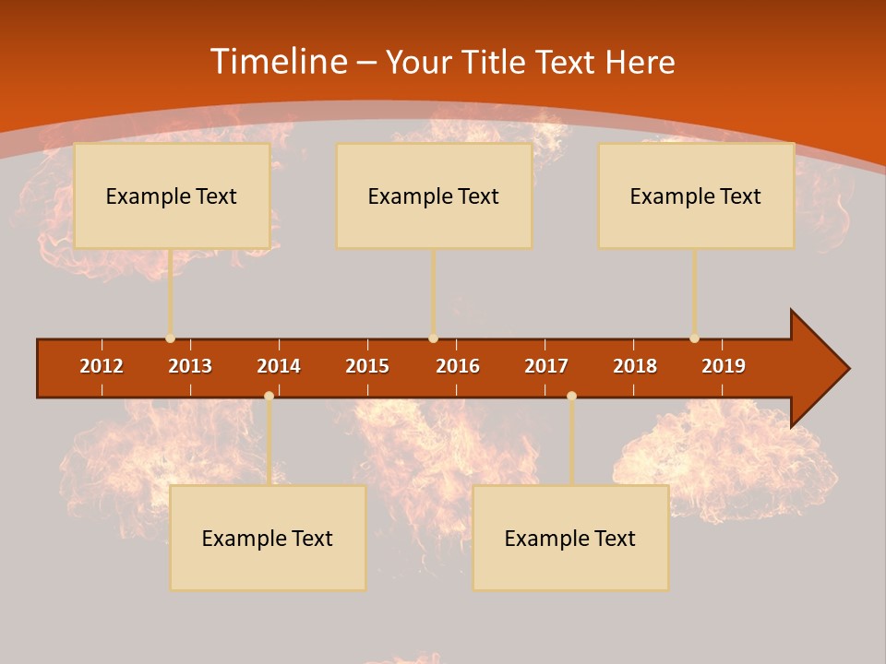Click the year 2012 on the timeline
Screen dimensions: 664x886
click(102, 366)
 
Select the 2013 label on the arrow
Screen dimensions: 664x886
click(190, 366)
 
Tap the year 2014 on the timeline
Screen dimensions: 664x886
click(279, 366)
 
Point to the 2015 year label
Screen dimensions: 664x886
click(367, 366)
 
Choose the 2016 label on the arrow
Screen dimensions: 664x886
click(458, 366)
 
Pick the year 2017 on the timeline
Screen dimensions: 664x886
click(546, 366)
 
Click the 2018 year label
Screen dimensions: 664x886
click(635, 366)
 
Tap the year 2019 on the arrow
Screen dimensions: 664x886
click(724, 366)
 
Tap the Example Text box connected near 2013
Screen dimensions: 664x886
click(172, 196)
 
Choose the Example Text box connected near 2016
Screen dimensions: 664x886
click(434, 196)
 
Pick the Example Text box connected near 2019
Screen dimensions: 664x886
click(696, 196)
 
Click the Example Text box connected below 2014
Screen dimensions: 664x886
click(268, 538)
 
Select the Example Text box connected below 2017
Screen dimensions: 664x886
click(570, 538)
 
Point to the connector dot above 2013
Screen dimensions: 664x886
click(170, 338)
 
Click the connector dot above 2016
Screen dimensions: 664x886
click(433, 338)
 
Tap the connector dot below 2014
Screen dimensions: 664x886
click(269, 396)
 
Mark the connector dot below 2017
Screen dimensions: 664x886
click(571, 396)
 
